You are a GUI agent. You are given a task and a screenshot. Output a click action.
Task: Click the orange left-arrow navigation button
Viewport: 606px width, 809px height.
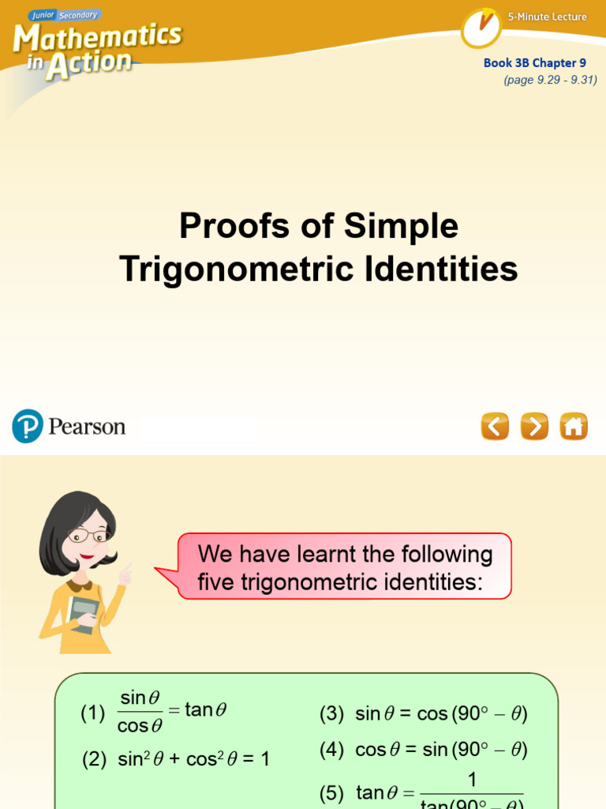[495, 427]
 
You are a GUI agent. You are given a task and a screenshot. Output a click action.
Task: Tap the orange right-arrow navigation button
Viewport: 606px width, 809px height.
[534, 427]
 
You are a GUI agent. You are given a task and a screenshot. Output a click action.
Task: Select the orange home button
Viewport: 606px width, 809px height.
[574, 427]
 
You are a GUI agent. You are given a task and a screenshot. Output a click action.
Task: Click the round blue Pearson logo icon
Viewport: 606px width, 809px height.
[27, 426]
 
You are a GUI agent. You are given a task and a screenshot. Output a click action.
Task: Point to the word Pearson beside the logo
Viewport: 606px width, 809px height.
[87, 427]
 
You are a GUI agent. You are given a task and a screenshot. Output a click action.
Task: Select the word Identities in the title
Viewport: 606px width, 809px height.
[441, 269]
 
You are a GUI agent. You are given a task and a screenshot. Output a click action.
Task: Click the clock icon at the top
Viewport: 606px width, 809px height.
[481, 28]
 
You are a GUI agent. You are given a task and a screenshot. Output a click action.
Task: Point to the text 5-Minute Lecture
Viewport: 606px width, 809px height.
[548, 17]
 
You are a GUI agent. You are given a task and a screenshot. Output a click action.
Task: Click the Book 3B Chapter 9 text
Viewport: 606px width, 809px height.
[535, 63]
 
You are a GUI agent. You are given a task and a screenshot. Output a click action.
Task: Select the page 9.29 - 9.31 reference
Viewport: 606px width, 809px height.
[551, 80]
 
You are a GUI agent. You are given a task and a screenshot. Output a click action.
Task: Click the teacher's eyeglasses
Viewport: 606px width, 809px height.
[88, 536]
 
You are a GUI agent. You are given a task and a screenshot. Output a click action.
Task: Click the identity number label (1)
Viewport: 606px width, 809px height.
[92, 713]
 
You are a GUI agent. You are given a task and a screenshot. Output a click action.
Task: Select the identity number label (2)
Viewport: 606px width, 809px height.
[95, 760]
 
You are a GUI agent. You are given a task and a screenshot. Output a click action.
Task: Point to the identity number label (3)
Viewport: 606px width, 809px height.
[331, 714]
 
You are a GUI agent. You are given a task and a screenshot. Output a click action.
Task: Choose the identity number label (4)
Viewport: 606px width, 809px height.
[331, 750]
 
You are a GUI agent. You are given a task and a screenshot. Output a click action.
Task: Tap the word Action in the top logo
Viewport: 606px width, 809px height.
[88, 65]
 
